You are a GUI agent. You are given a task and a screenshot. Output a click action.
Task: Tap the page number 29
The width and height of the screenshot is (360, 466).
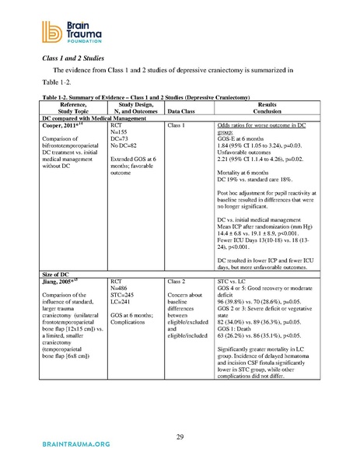(x=179, y=436)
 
